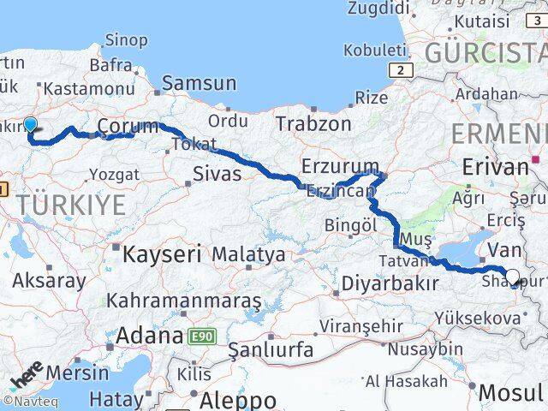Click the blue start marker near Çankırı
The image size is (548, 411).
(30, 125)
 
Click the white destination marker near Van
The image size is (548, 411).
(513, 276)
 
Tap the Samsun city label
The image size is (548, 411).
(199, 83)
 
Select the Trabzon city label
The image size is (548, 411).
(313, 123)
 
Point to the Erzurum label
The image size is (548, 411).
(340, 166)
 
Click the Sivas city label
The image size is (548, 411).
(217, 174)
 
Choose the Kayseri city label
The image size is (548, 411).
(162, 253)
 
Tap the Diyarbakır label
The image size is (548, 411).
(390, 283)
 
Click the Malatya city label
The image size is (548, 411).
(248, 254)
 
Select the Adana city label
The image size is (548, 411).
(151, 335)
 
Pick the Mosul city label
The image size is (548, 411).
(510, 392)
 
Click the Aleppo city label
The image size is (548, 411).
(238, 400)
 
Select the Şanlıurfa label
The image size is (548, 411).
(271, 350)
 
